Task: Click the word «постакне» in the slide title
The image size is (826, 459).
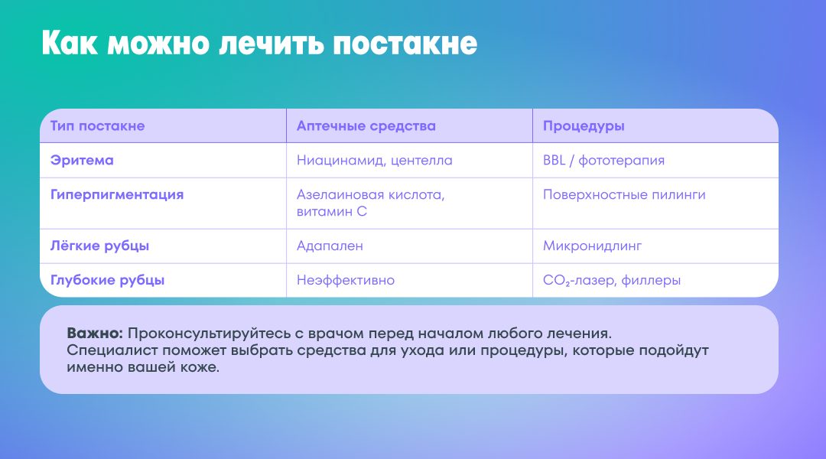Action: coord(405,43)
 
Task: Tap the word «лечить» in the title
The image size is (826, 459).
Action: coord(271,43)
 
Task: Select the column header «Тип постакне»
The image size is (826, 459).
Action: coord(97,126)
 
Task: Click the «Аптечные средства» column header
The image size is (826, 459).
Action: coord(366,126)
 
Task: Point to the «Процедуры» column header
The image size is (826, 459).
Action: coord(584,126)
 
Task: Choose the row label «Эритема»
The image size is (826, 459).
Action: coord(82,160)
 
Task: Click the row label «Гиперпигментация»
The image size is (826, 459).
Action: coord(117,195)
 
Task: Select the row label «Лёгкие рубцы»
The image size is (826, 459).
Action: coord(99,246)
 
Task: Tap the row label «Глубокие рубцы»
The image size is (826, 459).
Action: coord(108,280)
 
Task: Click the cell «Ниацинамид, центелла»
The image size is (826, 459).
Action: coord(375,161)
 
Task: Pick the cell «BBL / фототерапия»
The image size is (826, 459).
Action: coord(603,161)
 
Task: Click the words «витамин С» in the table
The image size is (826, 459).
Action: coord(332,211)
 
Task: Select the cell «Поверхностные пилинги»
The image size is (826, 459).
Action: coord(624,195)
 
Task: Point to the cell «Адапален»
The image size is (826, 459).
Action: coord(330,246)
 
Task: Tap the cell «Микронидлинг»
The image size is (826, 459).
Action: coord(593,246)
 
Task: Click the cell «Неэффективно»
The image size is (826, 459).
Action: coord(346,280)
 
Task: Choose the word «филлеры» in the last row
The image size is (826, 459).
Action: coord(651,281)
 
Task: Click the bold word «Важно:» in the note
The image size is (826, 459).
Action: coord(95,334)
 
